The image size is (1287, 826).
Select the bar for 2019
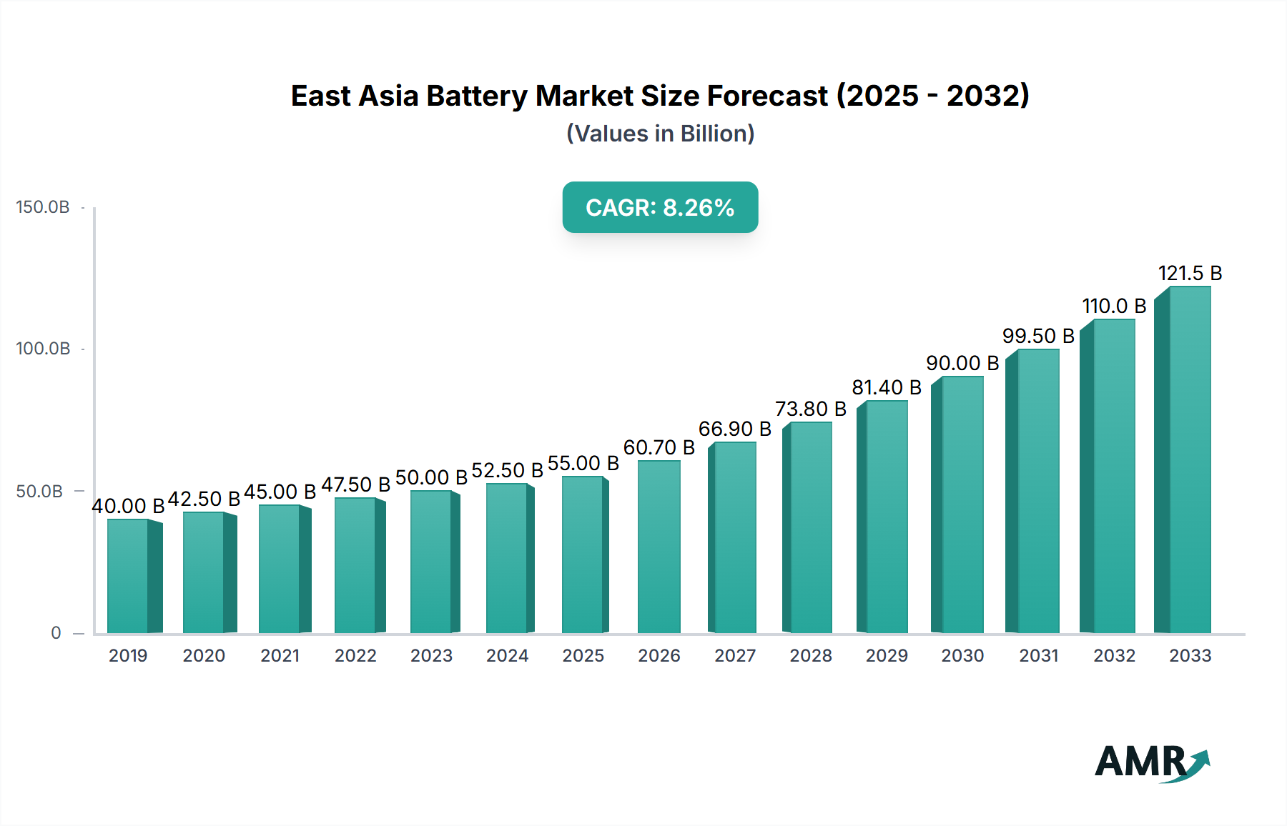(129, 576)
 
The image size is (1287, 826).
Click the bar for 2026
(659, 547)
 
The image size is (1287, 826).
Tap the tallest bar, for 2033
(1189, 460)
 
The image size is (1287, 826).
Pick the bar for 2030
(962, 504)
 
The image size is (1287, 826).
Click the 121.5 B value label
(1190, 273)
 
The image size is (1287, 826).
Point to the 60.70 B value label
(659, 447)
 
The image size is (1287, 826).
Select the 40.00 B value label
(128, 506)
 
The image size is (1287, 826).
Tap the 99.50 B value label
(1038, 336)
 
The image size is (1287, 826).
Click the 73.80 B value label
(811, 409)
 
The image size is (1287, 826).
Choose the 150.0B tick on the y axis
(43, 207)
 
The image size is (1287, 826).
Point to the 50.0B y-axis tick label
(39, 492)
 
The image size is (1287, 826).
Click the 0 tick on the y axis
(56, 633)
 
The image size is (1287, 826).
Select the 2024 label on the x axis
(507, 655)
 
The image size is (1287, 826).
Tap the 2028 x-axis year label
(811, 655)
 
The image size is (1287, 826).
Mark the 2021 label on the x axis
(280, 655)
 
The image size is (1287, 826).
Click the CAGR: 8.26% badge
(660, 207)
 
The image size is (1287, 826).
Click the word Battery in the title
(476, 96)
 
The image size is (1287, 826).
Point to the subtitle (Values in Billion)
(660, 134)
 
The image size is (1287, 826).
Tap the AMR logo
(1150, 762)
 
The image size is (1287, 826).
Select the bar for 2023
(431, 562)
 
